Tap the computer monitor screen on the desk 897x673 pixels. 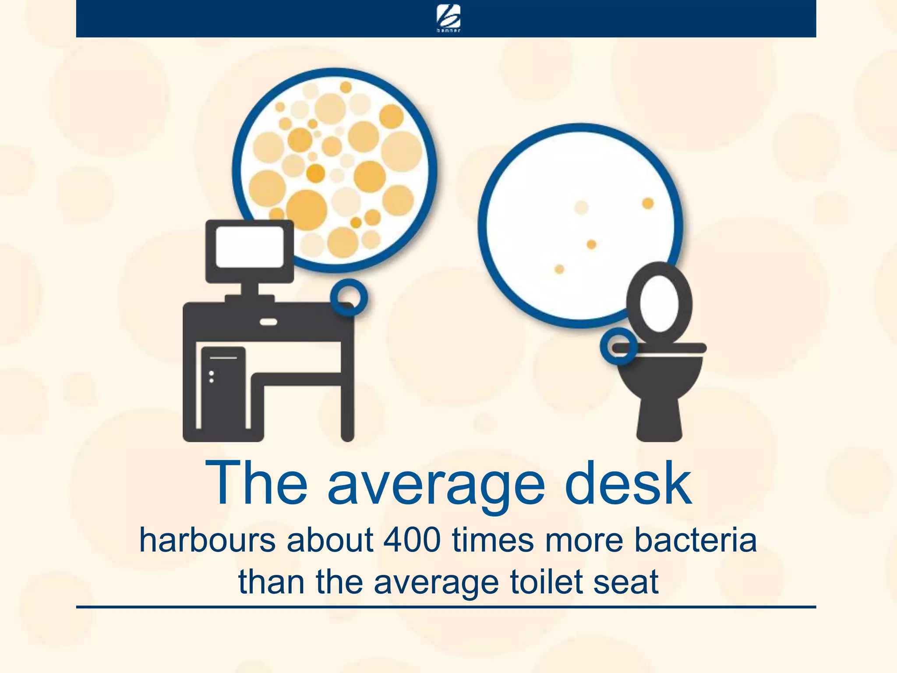coord(249,247)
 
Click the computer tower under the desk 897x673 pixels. coord(223,388)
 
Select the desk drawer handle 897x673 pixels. coord(268,322)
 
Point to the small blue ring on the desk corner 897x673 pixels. coord(349,298)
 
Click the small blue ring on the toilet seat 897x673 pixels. coord(618,346)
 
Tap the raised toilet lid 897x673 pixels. coord(659,302)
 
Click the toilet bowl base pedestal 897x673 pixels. coord(659,416)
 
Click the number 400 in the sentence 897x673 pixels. coord(412,540)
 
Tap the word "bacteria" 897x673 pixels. coord(696,540)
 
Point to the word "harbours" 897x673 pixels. coord(207,540)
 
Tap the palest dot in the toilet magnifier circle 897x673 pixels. coord(581,207)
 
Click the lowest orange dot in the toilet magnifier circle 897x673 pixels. coord(559,269)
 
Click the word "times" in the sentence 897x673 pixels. coord(493,540)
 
